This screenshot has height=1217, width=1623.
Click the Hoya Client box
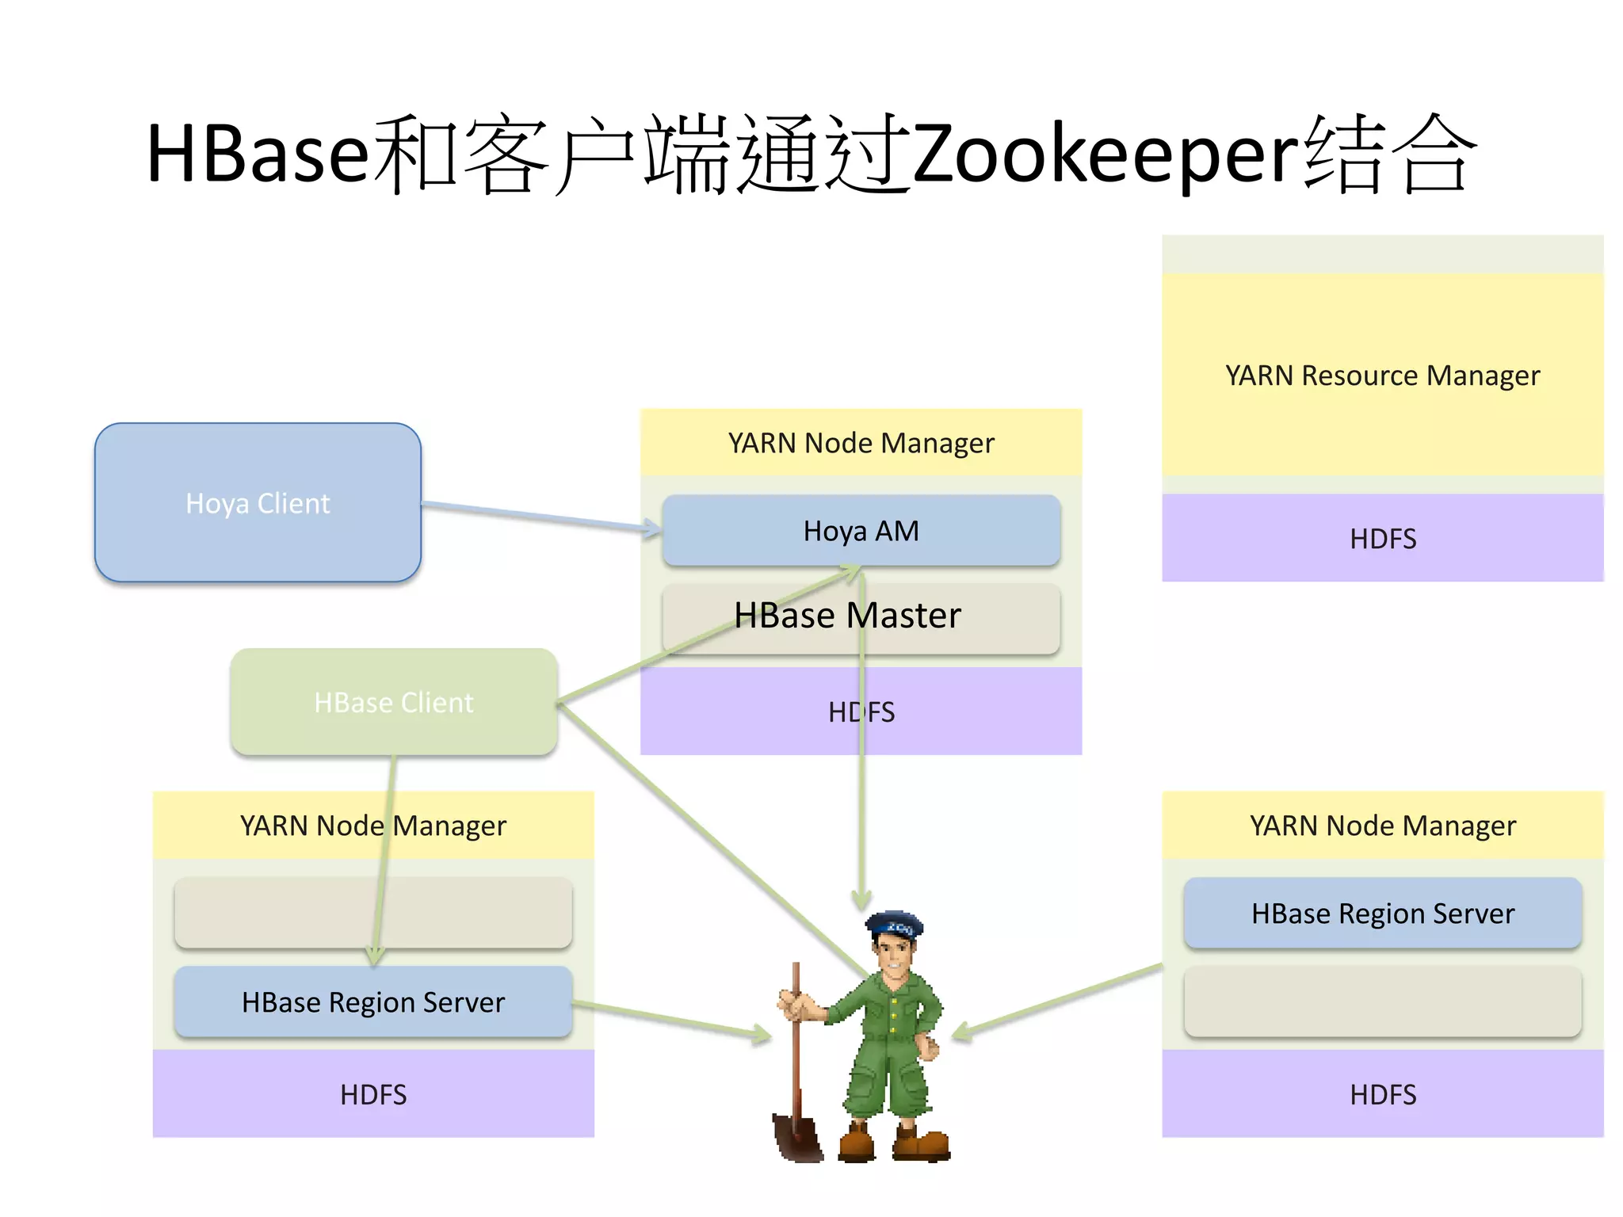[x=258, y=502]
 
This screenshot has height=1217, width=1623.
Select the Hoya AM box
[x=861, y=529]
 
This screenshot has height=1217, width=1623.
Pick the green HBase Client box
[x=394, y=702]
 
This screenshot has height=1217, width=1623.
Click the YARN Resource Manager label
[x=1382, y=375]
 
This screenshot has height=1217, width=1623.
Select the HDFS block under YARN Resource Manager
[x=1382, y=538]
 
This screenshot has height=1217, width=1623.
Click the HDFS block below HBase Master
[x=792, y=712]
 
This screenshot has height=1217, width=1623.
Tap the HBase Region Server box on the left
[x=373, y=1001]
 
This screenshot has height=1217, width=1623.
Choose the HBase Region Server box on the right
[x=1382, y=913]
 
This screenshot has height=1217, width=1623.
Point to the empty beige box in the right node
[x=1382, y=1001]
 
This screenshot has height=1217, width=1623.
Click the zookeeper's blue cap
[x=896, y=924]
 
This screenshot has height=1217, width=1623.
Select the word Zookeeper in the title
[x=1105, y=155]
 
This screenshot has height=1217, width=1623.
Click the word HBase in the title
[x=258, y=155]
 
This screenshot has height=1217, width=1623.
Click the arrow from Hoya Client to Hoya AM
[x=539, y=516]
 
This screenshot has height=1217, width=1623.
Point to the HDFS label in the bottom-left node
[x=373, y=1094]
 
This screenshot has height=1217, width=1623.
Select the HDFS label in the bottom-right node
[x=1382, y=1094]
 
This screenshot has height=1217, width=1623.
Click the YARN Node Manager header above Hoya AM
[x=861, y=442]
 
